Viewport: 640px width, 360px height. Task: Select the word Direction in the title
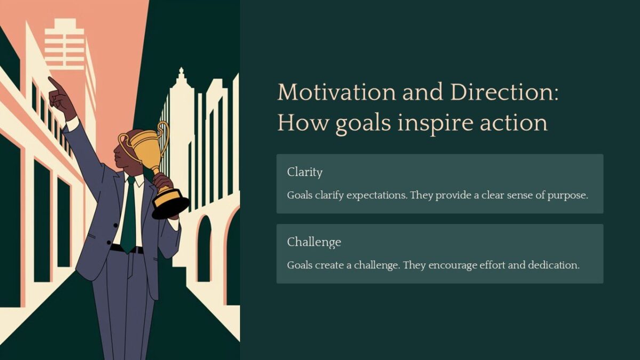[x=504, y=93]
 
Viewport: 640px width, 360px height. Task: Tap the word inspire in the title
[x=437, y=123]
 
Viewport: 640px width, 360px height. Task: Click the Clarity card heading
[x=305, y=172]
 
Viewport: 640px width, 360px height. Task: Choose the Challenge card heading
[x=314, y=242]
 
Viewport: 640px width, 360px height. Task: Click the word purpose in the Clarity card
[x=567, y=195]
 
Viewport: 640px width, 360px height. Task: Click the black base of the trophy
[x=170, y=207]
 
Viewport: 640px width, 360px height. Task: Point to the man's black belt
[x=126, y=249]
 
